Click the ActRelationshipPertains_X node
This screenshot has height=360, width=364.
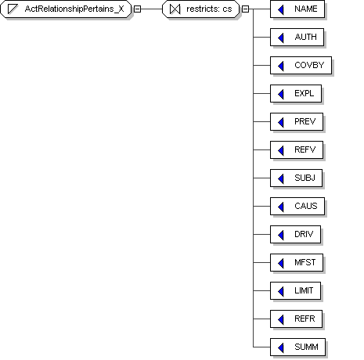pyautogui.click(x=66, y=9)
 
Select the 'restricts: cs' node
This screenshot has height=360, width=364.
pyautogui.click(x=200, y=9)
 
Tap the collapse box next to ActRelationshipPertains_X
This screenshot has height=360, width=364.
pyautogui.click(x=137, y=9)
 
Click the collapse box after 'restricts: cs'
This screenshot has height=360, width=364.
pyautogui.click(x=245, y=9)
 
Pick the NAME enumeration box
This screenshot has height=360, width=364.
pyautogui.click(x=297, y=9)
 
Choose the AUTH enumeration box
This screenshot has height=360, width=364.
pyautogui.click(x=297, y=38)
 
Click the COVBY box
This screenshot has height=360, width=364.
pyautogui.click(x=301, y=66)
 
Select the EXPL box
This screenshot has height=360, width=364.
pyautogui.click(x=296, y=94)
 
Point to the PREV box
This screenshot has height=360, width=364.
pyautogui.click(x=297, y=122)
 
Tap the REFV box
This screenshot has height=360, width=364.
pyautogui.click(x=297, y=150)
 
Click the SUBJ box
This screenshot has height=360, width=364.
pyautogui.click(x=296, y=178)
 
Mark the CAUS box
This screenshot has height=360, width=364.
pyautogui.click(x=297, y=207)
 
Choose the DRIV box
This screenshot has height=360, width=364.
pyautogui.click(x=295, y=235)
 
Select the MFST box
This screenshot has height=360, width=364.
pyautogui.click(x=297, y=263)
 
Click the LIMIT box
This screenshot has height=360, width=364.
pyautogui.click(x=295, y=291)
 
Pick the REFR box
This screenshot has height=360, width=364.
pyautogui.click(x=296, y=319)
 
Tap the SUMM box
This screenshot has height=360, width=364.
pyautogui.click(x=297, y=347)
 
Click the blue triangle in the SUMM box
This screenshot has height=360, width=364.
pyautogui.click(x=281, y=347)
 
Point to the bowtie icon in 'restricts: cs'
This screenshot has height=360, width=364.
pyautogui.click(x=175, y=9)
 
